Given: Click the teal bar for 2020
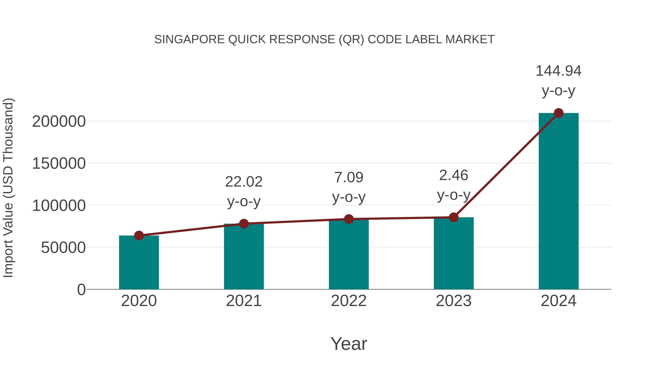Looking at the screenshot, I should pos(139,263).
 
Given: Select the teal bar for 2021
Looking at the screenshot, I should pos(244,257).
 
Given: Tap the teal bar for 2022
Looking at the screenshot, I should pos(349,254).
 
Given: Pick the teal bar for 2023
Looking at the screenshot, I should pos(454,253).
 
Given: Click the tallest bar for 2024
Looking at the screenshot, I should pos(559,202).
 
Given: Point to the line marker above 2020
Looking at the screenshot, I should pos(139,236).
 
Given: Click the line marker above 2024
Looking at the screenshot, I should pos(559,113).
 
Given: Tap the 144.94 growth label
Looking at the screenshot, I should pos(558,71).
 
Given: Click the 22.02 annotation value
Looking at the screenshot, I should pos(244,182).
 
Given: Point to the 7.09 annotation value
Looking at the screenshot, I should pos(349,177).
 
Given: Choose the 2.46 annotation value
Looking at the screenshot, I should pos(454,175).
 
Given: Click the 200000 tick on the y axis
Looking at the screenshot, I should pos(59,121).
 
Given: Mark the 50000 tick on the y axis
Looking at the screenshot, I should pos(63,248).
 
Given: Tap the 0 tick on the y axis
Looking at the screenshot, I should pos(81,289).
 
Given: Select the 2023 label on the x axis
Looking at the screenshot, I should pos(454,301).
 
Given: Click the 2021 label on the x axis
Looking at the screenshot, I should pos(244,301).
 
